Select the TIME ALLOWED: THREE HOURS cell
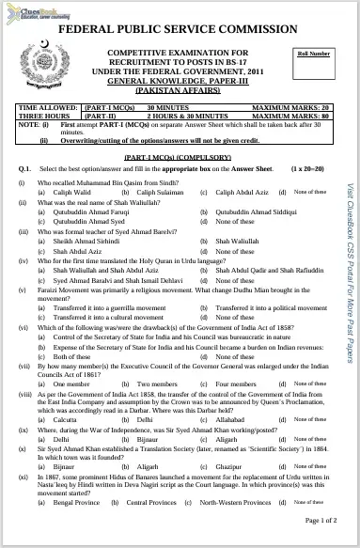pos(48,112)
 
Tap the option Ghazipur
pos(230,465)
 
